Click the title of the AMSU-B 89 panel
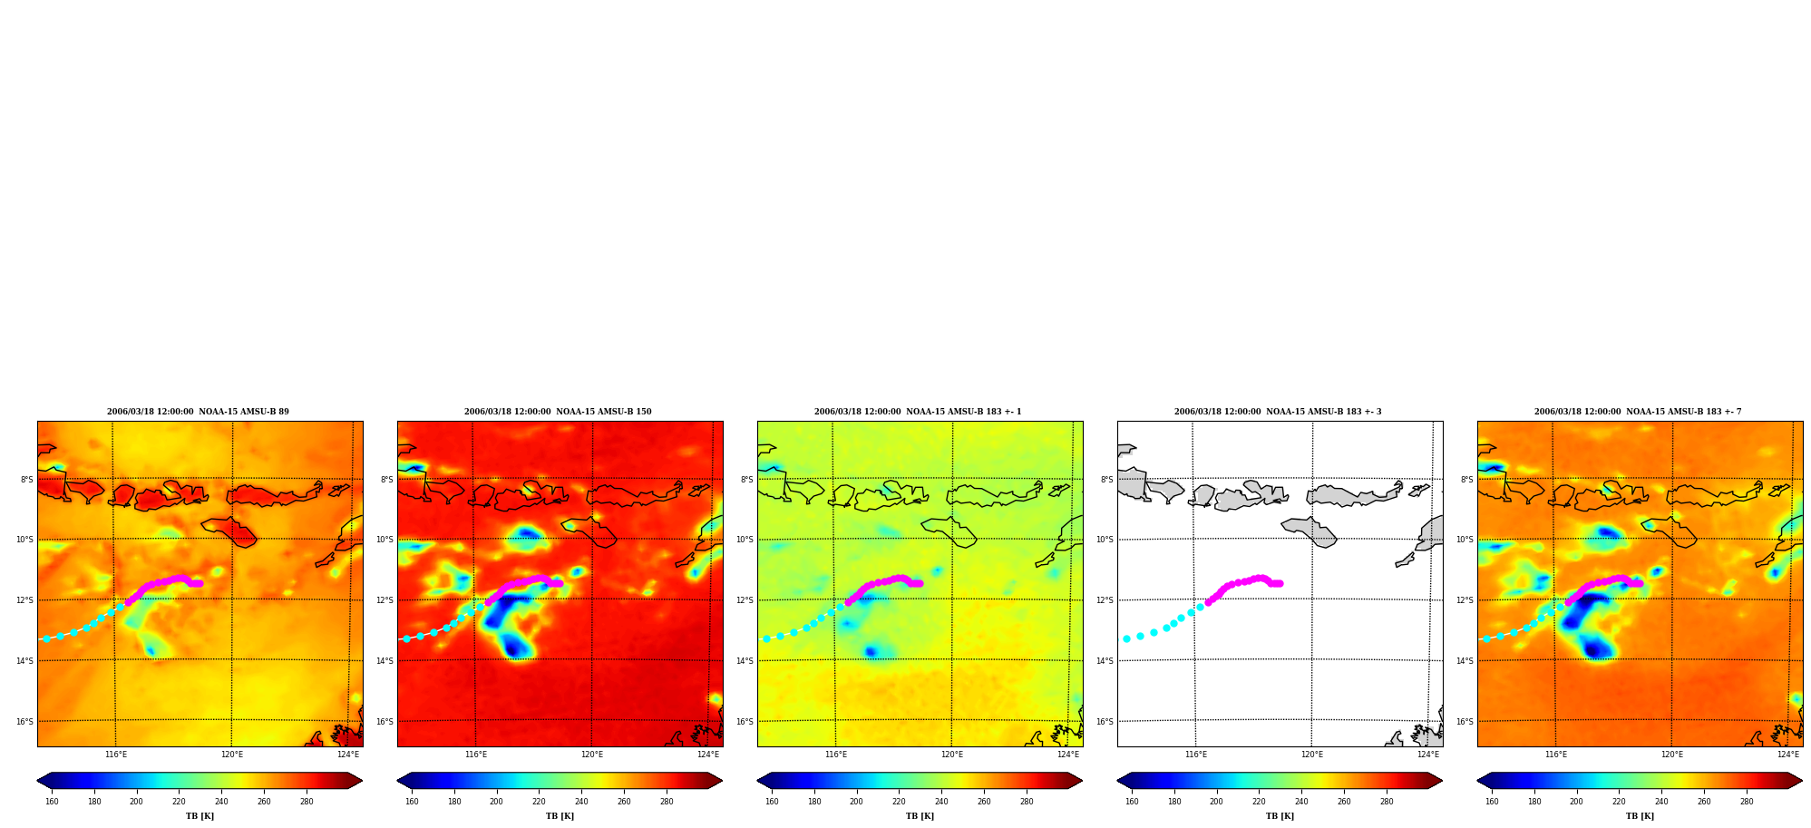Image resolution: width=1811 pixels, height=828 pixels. [x=198, y=412]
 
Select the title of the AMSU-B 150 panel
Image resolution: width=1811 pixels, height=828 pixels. [x=558, y=412]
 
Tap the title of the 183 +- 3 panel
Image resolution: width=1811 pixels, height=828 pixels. [x=1278, y=412]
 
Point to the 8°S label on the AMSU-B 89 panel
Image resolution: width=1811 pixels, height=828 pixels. [x=27, y=480]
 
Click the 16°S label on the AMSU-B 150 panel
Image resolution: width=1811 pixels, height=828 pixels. [x=385, y=722]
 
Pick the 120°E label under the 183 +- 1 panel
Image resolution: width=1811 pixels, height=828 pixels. [x=952, y=755]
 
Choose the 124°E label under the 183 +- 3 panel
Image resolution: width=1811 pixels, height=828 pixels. [x=1428, y=755]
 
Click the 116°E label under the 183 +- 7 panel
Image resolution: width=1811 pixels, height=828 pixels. [x=1556, y=755]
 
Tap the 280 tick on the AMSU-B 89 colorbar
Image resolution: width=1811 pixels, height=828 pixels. [x=307, y=802]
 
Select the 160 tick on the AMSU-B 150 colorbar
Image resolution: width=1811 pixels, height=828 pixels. [x=412, y=802]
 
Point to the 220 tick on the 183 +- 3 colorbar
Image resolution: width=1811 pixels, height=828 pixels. [x=1259, y=802]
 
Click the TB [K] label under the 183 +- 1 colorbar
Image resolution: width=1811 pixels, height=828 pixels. [x=920, y=816]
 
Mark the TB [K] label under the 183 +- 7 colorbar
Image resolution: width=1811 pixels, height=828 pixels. [x=1640, y=816]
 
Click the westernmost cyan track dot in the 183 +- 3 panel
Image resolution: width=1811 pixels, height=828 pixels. [x=1126, y=639]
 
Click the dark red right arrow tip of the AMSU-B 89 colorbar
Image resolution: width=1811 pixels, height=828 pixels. [x=361, y=781]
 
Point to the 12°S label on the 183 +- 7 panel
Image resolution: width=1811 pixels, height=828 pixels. [x=1465, y=600]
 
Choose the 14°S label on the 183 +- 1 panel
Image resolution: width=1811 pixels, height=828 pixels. [x=745, y=661]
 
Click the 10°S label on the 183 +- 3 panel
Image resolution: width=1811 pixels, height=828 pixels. [x=1105, y=540]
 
